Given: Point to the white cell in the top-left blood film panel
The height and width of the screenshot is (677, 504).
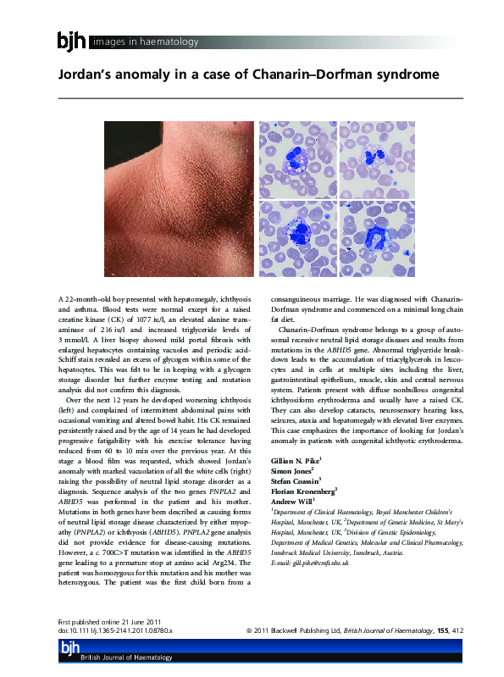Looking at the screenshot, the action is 296,158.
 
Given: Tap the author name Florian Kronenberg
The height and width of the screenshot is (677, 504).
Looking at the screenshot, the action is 302,490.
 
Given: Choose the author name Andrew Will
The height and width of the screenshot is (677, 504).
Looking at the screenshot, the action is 291,501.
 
